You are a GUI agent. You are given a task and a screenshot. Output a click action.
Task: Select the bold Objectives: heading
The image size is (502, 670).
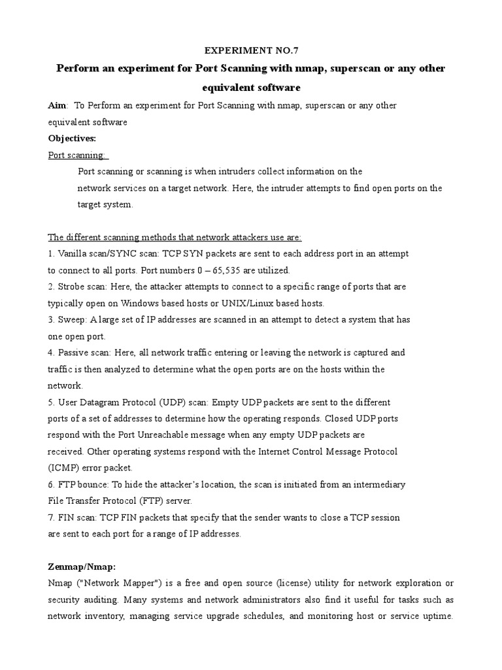pyautogui.click(x=72, y=138)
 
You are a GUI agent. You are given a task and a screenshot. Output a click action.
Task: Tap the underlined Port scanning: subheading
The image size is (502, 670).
pyautogui.click(x=78, y=155)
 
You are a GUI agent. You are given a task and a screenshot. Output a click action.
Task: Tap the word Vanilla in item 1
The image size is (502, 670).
pyautogui.click(x=73, y=253)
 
